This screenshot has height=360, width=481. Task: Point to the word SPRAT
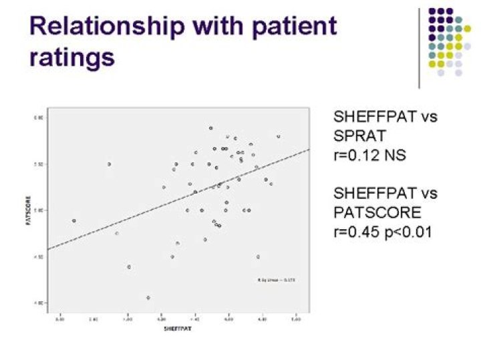[x=359, y=136]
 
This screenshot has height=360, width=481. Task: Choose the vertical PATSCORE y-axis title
[x=28, y=210]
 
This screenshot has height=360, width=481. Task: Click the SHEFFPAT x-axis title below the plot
[x=180, y=329]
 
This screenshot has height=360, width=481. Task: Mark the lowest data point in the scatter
[x=148, y=298]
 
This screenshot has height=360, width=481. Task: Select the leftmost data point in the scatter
[x=74, y=220]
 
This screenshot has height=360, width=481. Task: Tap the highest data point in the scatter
[x=211, y=128]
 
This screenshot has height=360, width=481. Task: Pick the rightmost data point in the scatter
[x=279, y=136]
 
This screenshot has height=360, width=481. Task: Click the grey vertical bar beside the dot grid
[x=419, y=47]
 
